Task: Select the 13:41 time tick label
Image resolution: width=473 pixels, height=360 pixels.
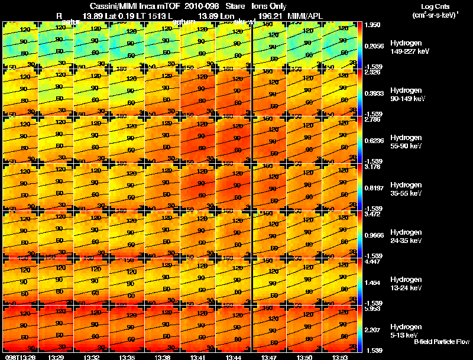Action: point(197,357)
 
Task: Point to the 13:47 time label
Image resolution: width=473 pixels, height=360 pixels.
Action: point(268,357)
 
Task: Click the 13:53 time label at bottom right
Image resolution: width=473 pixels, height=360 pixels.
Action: point(339,357)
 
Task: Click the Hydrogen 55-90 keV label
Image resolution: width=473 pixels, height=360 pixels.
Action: point(406,142)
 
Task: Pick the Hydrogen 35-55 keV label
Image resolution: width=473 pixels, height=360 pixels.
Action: point(406,189)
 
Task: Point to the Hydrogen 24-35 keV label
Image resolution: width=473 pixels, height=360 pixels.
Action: point(406,236)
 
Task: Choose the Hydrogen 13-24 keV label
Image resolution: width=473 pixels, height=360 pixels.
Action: point(406,284)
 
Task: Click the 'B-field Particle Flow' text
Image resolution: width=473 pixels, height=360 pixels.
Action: point(441,342)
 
